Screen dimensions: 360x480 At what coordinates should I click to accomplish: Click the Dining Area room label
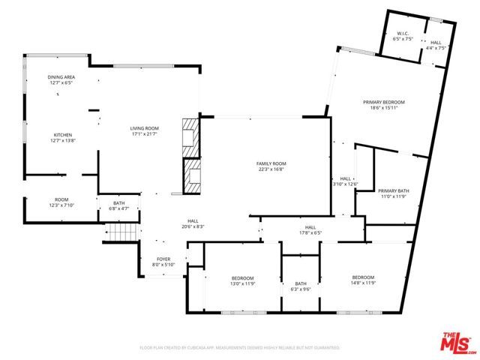click(61, 78)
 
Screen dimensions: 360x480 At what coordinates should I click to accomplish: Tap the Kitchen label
click(61, 136)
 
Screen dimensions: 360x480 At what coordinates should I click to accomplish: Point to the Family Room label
click(271, 163)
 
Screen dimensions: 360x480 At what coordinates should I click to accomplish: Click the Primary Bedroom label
click(383, 102)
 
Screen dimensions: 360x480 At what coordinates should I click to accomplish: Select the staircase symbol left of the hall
click(120, 232)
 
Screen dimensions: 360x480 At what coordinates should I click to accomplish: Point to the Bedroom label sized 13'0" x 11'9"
click(241, 278)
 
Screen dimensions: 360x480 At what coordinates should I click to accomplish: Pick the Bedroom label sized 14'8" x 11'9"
click(363, 278)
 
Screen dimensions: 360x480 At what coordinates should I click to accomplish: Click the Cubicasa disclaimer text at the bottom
click(240, 347)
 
